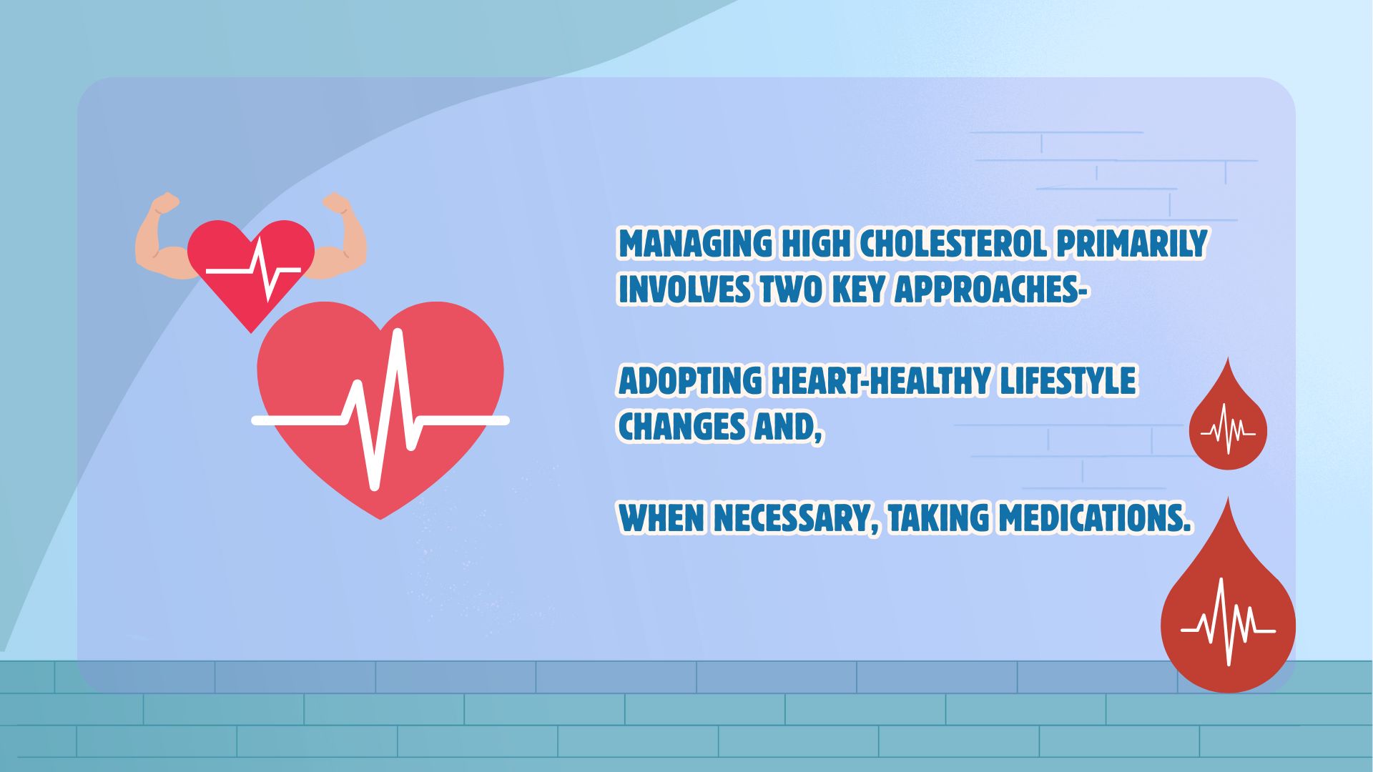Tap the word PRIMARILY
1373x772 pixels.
(1132, 244)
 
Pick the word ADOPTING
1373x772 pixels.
(690, 380)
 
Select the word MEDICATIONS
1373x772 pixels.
(1095, 518)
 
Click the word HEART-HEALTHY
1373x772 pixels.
(880, 380)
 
